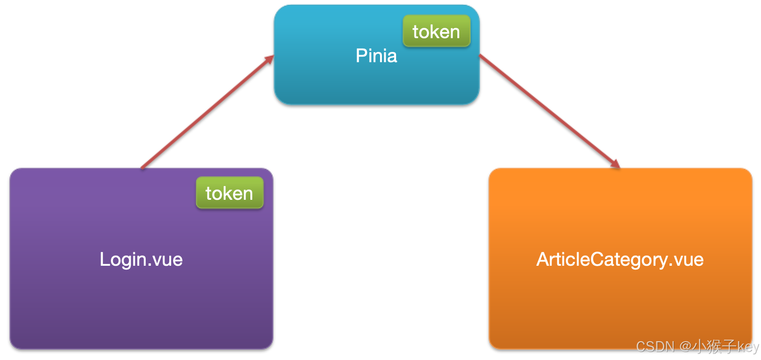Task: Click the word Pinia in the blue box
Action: click(376, 56)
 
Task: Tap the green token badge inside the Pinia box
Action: click(436, 32)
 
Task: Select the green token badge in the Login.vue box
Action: click(230, 193)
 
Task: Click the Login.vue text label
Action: click(141, 260)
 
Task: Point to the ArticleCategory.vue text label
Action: click(620, 260)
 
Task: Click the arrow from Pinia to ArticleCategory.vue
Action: click(549, 111)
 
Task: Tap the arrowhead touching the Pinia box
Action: click(269, 59)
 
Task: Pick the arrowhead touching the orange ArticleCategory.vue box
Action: click(615, 164)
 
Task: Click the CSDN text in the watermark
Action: click(655, 347)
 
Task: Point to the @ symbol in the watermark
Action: click(685, 347)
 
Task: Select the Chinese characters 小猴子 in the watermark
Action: click(715, 347)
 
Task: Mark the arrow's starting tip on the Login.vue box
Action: click(142, 167)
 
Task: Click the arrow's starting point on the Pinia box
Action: click(480, 55)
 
